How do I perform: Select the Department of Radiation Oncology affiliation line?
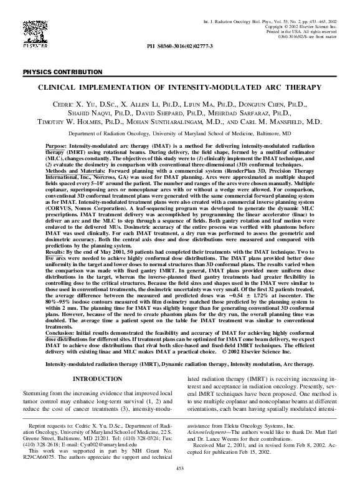[x=179, y=133]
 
